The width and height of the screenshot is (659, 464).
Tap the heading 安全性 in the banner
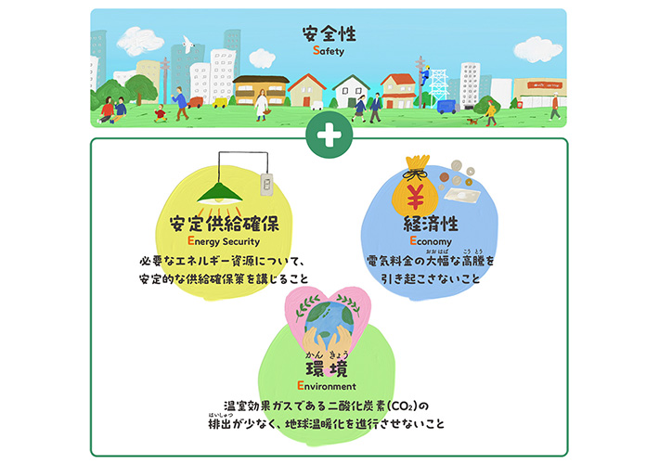point(328,35)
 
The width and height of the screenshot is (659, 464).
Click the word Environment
point(326,385)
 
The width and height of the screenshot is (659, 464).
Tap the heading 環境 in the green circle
point(326,367)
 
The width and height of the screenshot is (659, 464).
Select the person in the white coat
point(263,103)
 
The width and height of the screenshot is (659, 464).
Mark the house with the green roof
point(352,91)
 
